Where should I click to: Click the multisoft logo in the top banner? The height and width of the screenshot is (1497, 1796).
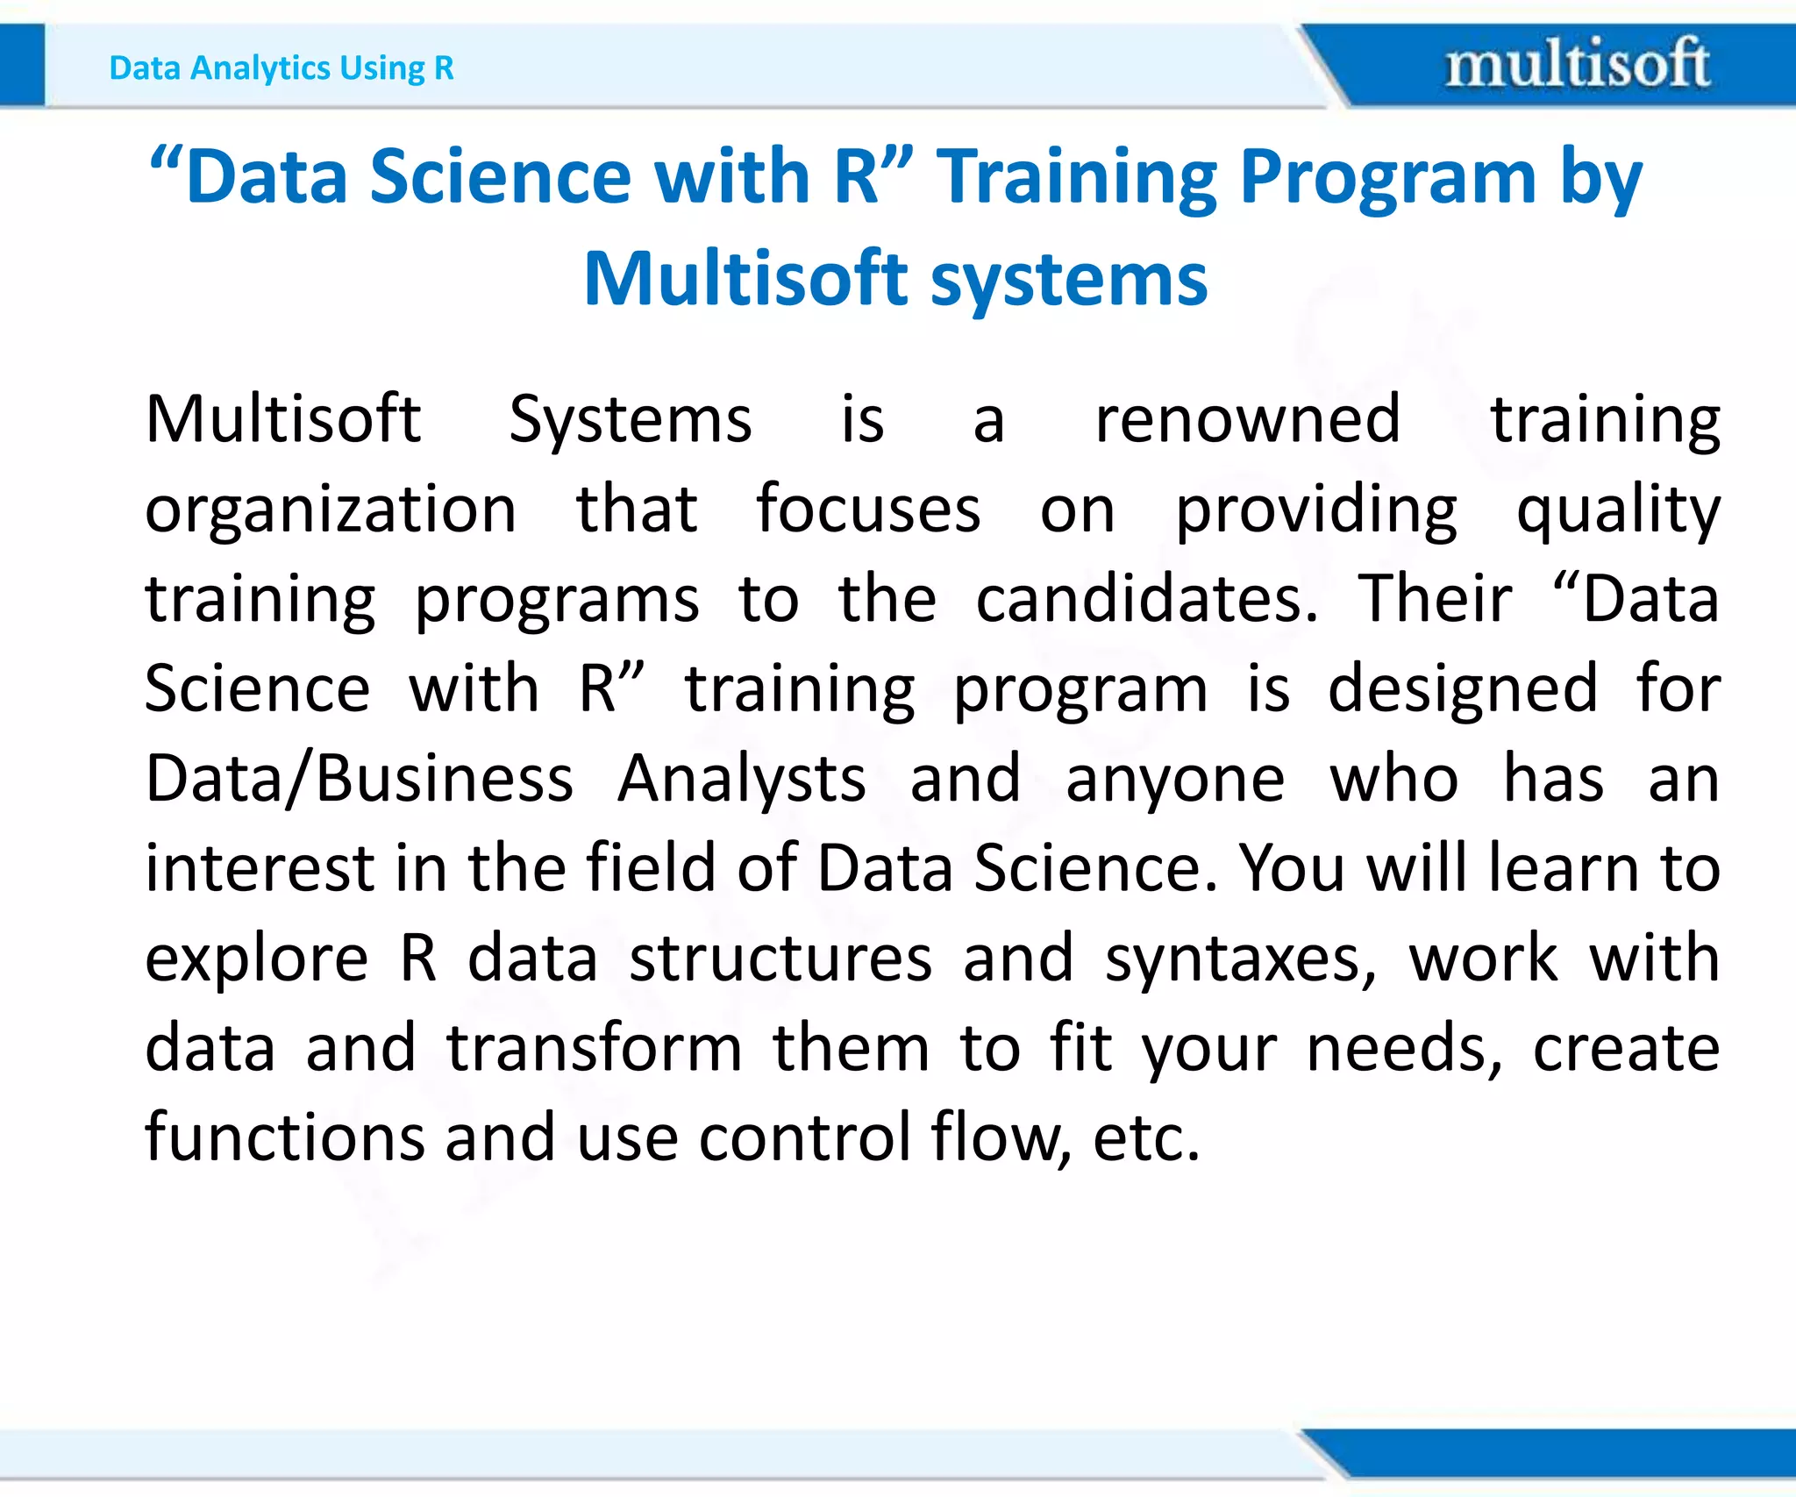[1577, 64]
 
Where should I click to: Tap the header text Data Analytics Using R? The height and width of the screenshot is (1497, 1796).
[282, 68]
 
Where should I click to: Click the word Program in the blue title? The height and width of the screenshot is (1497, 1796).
[1388, 178]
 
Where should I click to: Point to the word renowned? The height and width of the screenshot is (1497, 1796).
[1247, 420]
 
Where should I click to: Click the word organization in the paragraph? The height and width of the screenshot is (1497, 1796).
[331, 510]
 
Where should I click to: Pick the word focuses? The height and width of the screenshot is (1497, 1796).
[868, 510]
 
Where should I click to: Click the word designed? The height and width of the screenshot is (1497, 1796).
[1463, 690]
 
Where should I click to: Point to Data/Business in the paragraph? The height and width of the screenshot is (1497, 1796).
[359, 779]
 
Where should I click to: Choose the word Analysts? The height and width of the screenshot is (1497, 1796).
[741, 780]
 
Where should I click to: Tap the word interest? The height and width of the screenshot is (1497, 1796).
[260, 868]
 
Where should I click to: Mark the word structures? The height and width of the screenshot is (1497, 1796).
[780, 958]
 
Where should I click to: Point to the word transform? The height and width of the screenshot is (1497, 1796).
[595, 1049]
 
